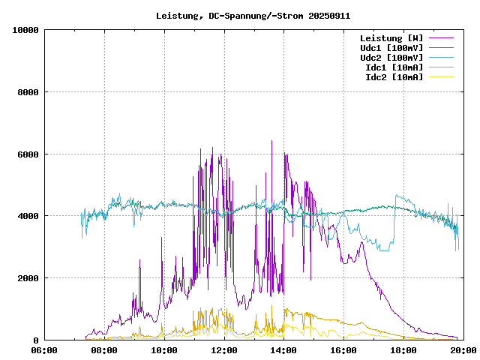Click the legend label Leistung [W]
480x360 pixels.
point(391,38)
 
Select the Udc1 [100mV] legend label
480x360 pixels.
point(391,48)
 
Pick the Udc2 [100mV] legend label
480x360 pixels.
point(391,58)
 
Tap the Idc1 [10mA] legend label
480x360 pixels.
point(394,67)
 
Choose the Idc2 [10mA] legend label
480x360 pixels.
point(394,77)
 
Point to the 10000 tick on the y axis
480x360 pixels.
point(25,30)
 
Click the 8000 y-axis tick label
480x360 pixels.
point(28,92)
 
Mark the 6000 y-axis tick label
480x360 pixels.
point(28,154)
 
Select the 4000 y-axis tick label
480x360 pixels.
point(28,216)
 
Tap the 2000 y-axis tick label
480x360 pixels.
point(28,278)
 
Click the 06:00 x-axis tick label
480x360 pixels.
point(45,350)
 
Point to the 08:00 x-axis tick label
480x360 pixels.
point(104,350)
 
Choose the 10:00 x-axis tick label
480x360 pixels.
point(164,350)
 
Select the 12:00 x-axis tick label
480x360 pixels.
point(224,350)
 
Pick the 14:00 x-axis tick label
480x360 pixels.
point(283,350)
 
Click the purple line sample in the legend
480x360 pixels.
point(442,38)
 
